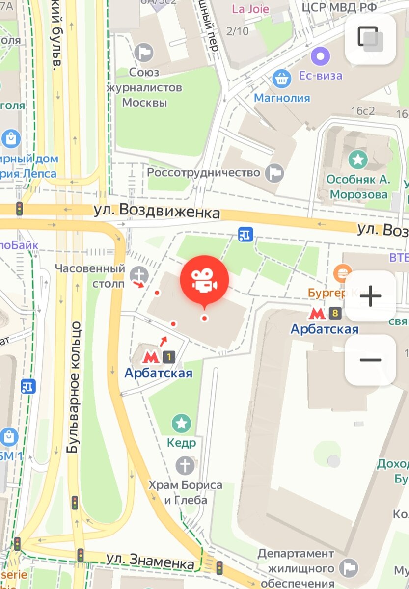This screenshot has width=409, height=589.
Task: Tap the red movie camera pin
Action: tap(204, 279)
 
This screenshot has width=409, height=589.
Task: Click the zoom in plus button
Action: tap(370, 296)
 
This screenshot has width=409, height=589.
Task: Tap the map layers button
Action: tap(370, 38)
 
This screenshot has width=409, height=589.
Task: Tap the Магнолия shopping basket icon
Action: tap(281, 78)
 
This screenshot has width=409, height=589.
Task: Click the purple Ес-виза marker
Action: tap(321, 56)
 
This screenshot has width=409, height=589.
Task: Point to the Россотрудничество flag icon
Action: tap(274, 173)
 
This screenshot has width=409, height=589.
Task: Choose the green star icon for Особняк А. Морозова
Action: tap(358, 159)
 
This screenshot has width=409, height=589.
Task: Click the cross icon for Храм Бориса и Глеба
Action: tap(185, 464)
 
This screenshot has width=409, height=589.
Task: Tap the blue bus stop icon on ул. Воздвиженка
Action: tap(245, 235)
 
